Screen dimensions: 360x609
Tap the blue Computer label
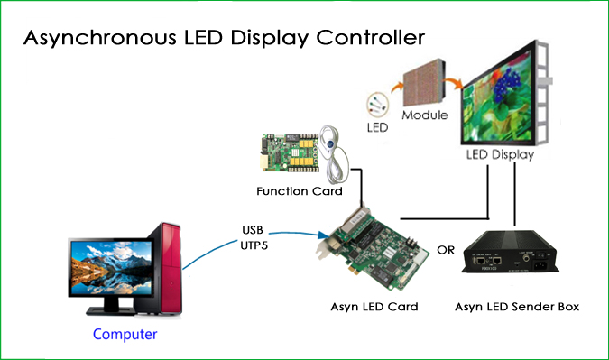coord(125,334)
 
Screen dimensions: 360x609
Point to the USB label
coord(254,228)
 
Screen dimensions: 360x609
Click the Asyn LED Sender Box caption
coord(516,307)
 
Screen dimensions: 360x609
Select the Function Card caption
coord(299,191)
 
